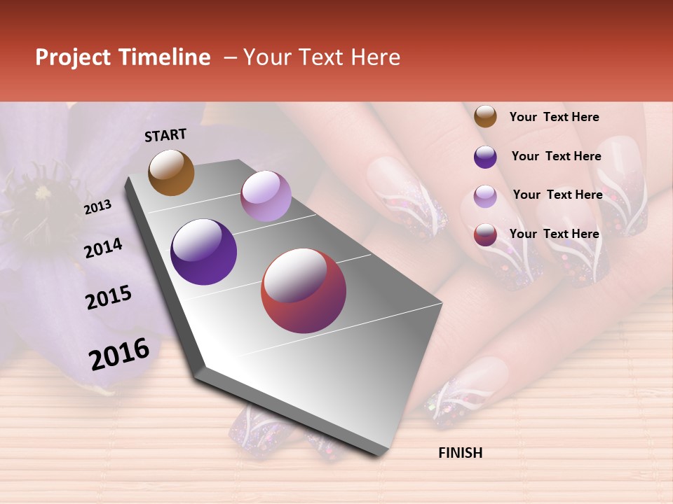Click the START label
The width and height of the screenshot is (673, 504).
tap(165, 135)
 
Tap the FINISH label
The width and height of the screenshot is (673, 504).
tap(460, 453)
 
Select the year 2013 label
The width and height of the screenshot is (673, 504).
tap(98, 207)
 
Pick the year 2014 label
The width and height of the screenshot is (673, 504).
tap(103, 248)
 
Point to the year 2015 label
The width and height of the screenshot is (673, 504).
tap(109, 297)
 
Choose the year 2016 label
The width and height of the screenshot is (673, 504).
tap(119, 354)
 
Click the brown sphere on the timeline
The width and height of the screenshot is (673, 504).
tap(171, 172)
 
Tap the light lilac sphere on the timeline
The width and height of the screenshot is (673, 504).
tap(266, 196)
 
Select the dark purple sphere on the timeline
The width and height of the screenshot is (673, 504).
tap(204, 252)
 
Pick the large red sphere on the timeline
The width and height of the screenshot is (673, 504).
tap(304, 290)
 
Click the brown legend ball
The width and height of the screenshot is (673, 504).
tap(485, 116)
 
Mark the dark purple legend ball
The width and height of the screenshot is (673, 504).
tap(485, 157)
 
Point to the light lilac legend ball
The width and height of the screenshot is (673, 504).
tap(485, 196)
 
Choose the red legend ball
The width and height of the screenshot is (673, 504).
tap(485, 234)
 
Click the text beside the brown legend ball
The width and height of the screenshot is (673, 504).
tap(555, 117)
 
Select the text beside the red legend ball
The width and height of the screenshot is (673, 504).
tap(555, 234)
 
